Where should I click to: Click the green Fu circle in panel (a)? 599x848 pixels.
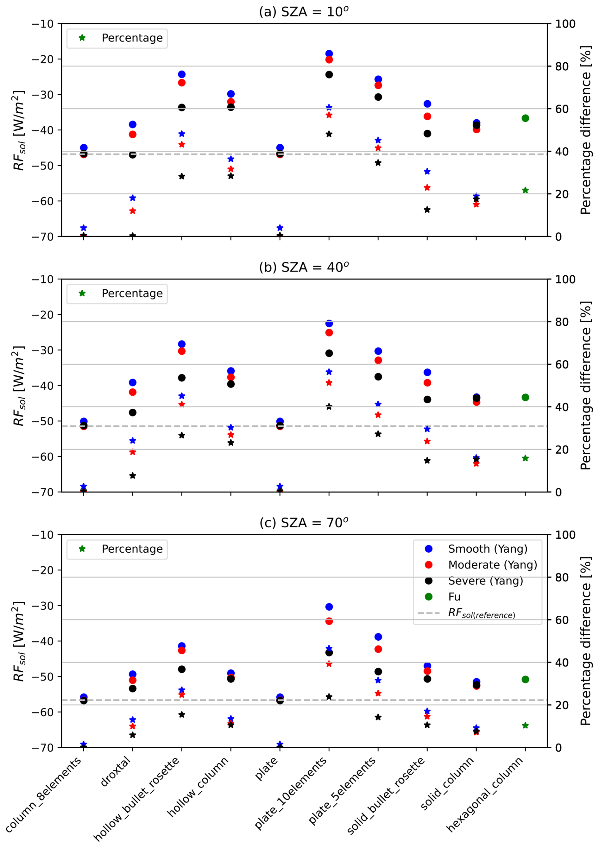[x=525, y=118]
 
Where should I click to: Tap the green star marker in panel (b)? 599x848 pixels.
[x=525, y=458]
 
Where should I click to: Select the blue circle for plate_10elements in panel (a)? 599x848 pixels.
[x=329, y=53]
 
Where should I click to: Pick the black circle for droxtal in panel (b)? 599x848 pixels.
[x=133, y=412]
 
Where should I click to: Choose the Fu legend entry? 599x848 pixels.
[x=454, y=597]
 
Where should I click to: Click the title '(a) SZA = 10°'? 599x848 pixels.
[x=304, y=12]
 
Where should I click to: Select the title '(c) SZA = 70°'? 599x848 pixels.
[x=304, y=523]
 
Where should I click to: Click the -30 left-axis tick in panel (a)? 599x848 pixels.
[x=42, y=95]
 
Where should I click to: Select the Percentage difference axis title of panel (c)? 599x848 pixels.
[x=585, y=641]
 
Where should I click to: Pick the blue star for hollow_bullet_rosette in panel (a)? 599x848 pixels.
[x=182, y=134]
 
